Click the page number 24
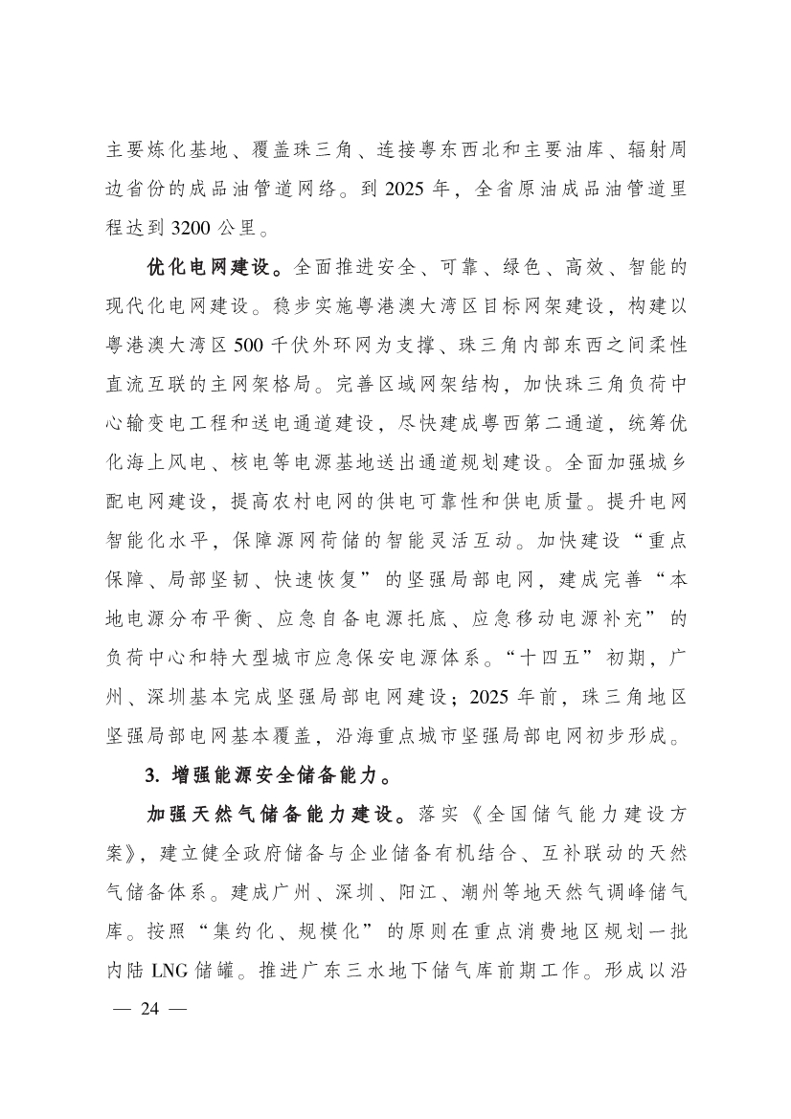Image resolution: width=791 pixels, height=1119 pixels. click(x=153, y=1008)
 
